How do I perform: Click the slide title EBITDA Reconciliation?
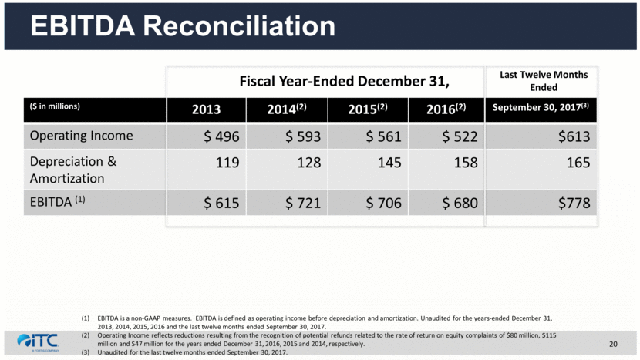coord(183,26)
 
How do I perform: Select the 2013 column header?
coord(206,109)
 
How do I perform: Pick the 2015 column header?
coord(367,109)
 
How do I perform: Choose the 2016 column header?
coord(446,109)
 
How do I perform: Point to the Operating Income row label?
coord(81,136)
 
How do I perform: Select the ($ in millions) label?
coord(55,106)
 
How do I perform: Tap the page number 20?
coord(614,343)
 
